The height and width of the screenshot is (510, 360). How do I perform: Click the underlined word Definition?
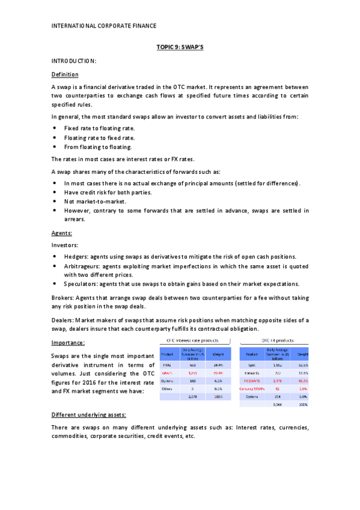click(65, 74)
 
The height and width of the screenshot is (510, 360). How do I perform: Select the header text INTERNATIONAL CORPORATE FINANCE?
click(104, 26)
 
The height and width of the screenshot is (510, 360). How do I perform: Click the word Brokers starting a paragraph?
click(63, 298)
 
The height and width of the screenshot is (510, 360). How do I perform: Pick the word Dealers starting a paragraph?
click(63, 321)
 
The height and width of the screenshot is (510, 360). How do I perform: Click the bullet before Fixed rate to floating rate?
click(55, 129)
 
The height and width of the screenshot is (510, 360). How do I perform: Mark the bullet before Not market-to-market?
click(55, 201)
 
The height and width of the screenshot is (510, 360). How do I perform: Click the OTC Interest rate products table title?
click(192, 341)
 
